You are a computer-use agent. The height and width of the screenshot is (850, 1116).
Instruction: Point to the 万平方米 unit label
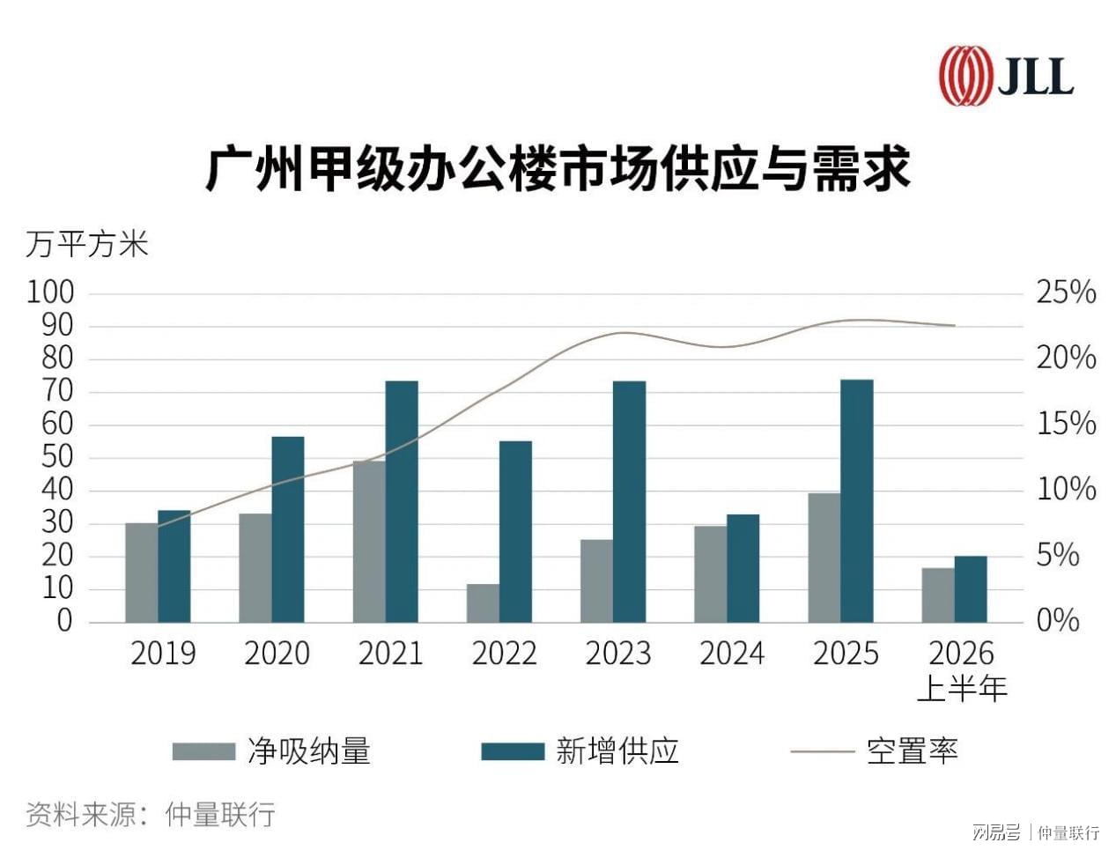(x=87, y=244)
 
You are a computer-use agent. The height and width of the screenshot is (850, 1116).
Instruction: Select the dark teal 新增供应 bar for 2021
(x=402, y=501)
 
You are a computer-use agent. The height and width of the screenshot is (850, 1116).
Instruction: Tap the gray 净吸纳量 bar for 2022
(x=483, y=603)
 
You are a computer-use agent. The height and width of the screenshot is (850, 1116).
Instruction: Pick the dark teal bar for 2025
(x=857, y=500)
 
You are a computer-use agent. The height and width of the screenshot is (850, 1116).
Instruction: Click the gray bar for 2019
(x=141, y=573)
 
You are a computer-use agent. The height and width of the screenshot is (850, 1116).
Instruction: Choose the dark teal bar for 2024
(x=743, y=568)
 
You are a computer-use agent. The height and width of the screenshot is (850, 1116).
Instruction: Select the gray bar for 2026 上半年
(x=938, y=595)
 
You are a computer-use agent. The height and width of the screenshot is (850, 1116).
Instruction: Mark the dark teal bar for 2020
(x=288, y=529)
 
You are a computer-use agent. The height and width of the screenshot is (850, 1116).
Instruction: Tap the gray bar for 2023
(x=597, y=580)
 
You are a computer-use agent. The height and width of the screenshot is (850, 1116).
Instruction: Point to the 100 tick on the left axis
(x=50, y=292)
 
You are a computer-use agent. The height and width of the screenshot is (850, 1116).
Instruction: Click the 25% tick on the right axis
(x=1066, y=292)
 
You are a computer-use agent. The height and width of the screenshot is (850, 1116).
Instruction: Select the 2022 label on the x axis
(x=505, y=654)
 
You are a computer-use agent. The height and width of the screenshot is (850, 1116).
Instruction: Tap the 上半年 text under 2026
(x=962, y=688)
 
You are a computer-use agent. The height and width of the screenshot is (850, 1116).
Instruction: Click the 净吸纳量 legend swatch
(x=203, y=751)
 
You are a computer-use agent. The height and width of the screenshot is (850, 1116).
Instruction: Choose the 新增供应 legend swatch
(x=513, y=751)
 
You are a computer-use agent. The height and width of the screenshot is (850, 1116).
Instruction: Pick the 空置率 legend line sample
(x=822, y=751)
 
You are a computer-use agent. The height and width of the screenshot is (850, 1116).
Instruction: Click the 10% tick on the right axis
(x=1066, y=489)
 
